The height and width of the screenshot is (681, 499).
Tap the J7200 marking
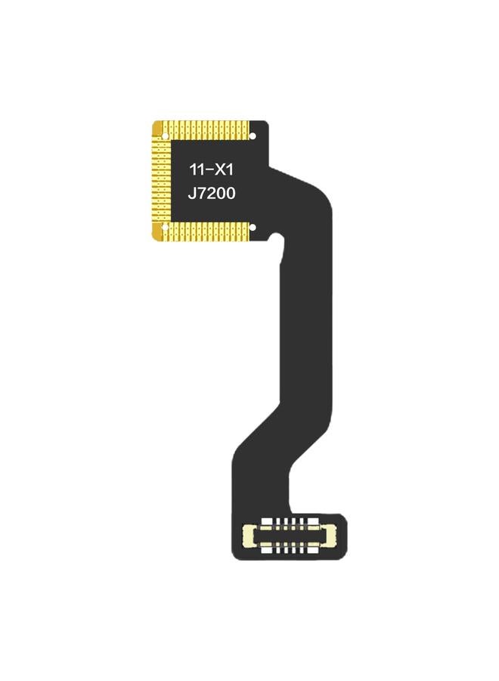(212, 194)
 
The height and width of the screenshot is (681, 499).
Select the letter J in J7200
(191, 194)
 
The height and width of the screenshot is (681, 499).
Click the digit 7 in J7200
(202, 194)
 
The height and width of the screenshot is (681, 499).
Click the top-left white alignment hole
(166, 136)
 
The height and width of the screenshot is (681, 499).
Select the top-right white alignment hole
(253, 136)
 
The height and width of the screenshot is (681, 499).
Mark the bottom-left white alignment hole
(166, 227)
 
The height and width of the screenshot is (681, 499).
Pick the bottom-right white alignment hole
(253, 227)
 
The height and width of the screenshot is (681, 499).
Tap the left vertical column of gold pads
(159, 182)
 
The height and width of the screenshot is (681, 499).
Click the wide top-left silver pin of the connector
(267, 523)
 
